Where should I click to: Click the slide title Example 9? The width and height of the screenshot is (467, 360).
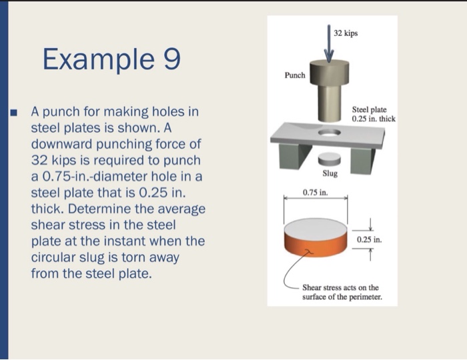click(x=111, y=59)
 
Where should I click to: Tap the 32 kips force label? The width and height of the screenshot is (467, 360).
click(x=346, y=33)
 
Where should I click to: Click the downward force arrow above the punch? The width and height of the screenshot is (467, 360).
click(x=329, y=44)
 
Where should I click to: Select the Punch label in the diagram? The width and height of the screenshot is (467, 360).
click(x=295, y=75)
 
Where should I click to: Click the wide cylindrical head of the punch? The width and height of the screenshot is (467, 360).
click(x=329, y=72)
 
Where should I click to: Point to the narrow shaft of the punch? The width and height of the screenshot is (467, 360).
click(x=330, y=103)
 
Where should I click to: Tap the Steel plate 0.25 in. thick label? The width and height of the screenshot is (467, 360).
click(x=374, y=114)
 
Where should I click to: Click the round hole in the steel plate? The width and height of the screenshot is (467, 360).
click(x=330, y=133)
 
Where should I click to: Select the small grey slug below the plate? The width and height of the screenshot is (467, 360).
click(x=330, y=159)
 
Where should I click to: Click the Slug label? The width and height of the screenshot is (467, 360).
click(x=330, y=173)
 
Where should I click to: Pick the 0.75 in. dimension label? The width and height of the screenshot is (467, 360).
click(x=316, y=193)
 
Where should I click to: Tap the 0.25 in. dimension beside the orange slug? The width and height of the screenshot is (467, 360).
click(x=370, y=239)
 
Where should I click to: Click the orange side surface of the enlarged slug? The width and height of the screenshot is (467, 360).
click(x=316, y=247)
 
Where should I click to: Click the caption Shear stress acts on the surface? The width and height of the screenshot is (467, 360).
click(x=342, y=292)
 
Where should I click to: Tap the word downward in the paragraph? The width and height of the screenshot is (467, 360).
click(x=62, y=144)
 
